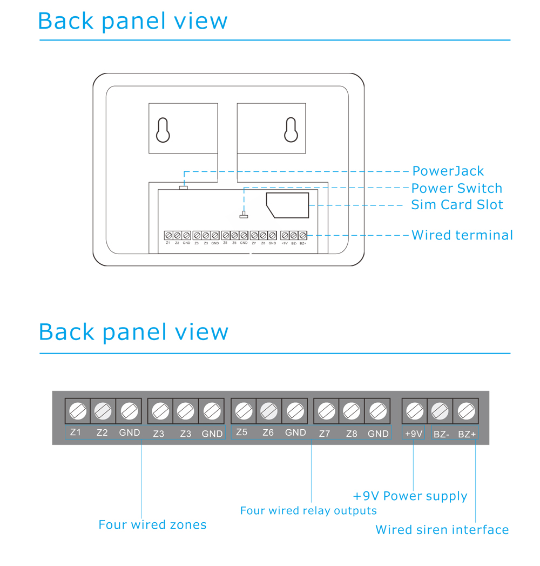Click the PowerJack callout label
tap(448, 171)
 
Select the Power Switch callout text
tap(456, 188)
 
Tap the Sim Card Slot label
tap(457, 205)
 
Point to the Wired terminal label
tap(462, 235)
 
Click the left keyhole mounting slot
tap(163, 130)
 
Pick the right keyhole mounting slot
tap(291, 130)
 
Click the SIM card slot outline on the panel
tap(287, 205)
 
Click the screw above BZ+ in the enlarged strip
tap(466, 412)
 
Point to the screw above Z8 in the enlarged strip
tap(352, 412)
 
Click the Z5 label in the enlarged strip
tap(242, 432)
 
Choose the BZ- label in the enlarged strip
tap(441, 434)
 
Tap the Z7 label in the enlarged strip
tap(325, 434)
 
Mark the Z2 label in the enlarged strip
tap(102, 432)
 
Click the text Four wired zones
tap(152, 524)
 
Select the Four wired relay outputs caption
tap(308, 510)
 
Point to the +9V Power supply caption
tap(410, 496)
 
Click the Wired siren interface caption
tap(442, 530)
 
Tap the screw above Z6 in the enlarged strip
tap(268, 412)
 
